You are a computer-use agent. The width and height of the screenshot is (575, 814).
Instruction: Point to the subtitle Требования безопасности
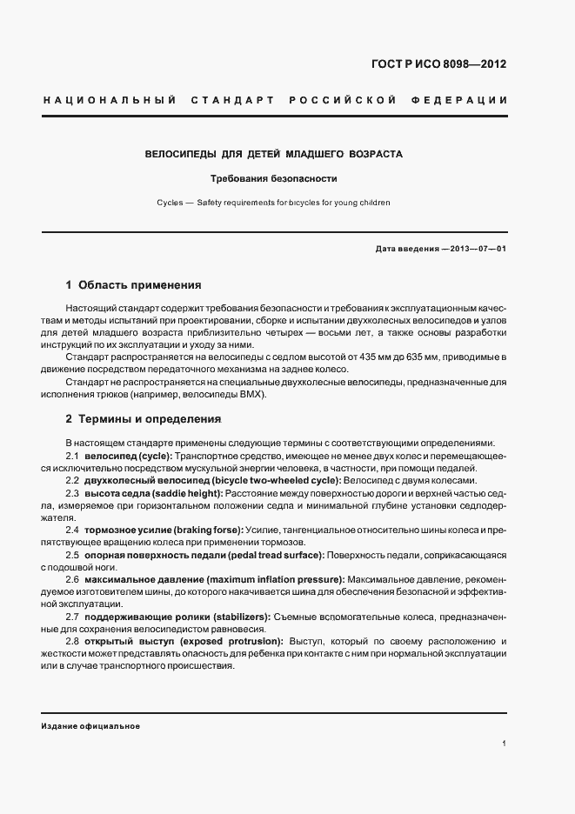pos(272,179)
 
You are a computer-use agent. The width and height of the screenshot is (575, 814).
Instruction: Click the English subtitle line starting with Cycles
pos(273,203)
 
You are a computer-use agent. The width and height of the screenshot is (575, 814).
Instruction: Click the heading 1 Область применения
pos(133,284)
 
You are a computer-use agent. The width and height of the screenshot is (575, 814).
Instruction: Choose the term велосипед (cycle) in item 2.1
pos(128,457)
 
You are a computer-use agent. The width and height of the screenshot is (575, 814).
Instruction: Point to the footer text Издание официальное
pos(90,725)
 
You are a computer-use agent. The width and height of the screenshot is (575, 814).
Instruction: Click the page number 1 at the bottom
pos(505,744)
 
